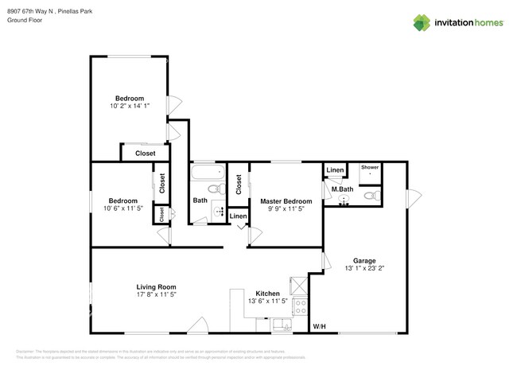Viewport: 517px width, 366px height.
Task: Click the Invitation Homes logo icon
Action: [x=421, y=22]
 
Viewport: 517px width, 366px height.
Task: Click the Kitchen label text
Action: [x=267, y=294]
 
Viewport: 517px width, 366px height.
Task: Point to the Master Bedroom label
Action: [x=286, y=201]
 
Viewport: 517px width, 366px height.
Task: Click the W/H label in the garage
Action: [x=319, y=327]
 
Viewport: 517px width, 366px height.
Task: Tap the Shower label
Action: [x=370, y=168]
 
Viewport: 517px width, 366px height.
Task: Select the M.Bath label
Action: [x=342, y=189]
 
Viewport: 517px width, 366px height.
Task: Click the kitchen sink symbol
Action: [x=281, y=323]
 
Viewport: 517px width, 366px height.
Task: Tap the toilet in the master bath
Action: [x=370, y=194]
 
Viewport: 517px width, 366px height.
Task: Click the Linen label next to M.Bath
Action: [x=335, y=170]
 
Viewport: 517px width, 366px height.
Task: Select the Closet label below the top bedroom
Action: [x=145, y=153]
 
